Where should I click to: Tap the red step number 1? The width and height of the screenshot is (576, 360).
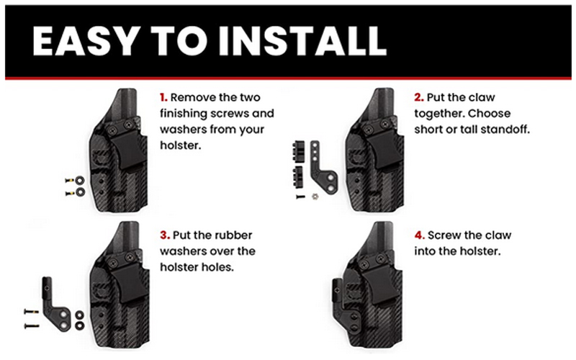(163, 97)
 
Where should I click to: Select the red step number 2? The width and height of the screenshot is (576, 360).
(418, 97)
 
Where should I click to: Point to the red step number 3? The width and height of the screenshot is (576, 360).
(163, 235)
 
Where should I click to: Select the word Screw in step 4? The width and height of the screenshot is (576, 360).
(446, 235)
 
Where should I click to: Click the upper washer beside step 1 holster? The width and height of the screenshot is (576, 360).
(78, 179)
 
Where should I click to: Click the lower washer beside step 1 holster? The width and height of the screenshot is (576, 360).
(78, 192)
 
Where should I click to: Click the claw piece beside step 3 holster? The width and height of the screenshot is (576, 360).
(57, 302)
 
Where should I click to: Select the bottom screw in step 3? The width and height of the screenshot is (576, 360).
(32, 326)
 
